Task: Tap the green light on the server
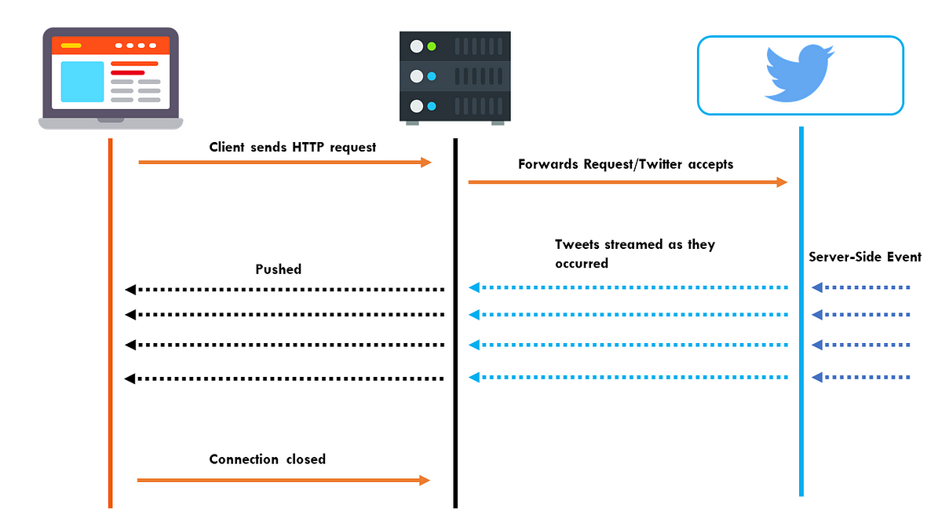pyautogui.click(x=432, y=46)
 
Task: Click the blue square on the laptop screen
pyautogui.click(x=82, y=82)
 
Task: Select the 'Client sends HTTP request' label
pyautogui.click(x=292, y=148)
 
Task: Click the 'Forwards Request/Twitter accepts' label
pyautogui.click(x=626, y=164)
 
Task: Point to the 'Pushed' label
pyautogui.click(x=279, y=269)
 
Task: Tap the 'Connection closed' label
pyautogui.click(x=268, y=459)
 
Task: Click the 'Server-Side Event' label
pyautogui.click(x=865, y=257)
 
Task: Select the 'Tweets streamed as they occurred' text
pyautogui.click(x=635, y=254)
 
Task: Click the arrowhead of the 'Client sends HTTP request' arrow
pyautogui.click(x=426, y=163)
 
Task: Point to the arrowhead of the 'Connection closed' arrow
pyautogui.click(x=425, y=481)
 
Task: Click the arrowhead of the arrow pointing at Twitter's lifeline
pyautogui.click(x=782, y=182)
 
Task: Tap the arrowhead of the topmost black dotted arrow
pyautogui.click(x=130, y=290)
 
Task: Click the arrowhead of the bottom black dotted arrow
pyautogui.click(x=130, y=378)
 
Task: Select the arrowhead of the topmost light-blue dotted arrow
pyautogui.click(x=474, y=287)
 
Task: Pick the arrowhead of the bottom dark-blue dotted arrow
pyautogui.click(x=817, y=378)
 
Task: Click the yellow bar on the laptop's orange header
pyautogui.click(x=71, y=46)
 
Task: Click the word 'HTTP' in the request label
pyautogui.click(x=309, y=148)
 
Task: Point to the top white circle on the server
pyautogui.click(x=416, y=46)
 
